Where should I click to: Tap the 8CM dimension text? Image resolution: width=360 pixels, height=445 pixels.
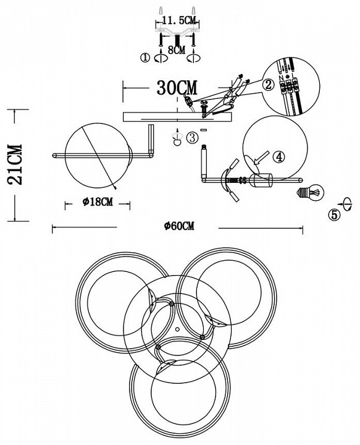(x=177, y=50)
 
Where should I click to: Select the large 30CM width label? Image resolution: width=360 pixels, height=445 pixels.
(x=177, y=87)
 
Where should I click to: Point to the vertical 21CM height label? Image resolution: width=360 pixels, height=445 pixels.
(x=15, y=164)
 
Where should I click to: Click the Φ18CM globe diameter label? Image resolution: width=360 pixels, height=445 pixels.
(x=98, y=202)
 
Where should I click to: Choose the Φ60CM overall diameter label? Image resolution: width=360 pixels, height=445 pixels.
(x=179, y=226)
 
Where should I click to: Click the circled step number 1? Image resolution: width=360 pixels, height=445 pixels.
(x=145, y=58)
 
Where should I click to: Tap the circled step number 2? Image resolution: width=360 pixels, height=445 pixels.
(x=269, y=85)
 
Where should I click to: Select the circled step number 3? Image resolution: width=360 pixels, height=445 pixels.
(x=192, y=138)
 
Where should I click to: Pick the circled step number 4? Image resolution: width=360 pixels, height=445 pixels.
(x=279, y=157)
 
